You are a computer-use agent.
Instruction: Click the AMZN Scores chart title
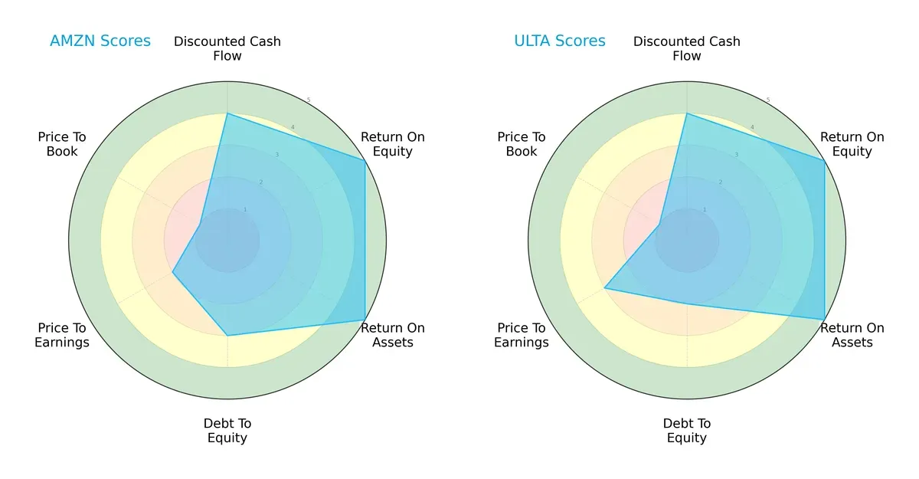[100, 41]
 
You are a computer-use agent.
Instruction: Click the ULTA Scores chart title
[560, 41]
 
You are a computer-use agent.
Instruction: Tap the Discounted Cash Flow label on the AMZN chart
[227, 48]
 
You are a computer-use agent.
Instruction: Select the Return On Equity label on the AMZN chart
[393, 144]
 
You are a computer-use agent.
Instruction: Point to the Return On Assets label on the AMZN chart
[393, 335]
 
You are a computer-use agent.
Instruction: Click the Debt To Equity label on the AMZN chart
[227, 431]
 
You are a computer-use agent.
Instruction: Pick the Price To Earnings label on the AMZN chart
[62, 335]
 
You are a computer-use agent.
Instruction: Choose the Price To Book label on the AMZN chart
[62, 144]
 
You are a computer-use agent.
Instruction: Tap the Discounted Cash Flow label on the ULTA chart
[687, 48]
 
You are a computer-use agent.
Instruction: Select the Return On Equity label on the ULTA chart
[852, 144]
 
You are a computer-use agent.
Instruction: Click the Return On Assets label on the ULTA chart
[852, 335]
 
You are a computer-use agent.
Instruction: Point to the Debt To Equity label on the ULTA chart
[687, 431]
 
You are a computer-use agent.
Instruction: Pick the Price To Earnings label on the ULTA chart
[522, 335]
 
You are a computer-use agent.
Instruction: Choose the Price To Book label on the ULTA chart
[522, 144]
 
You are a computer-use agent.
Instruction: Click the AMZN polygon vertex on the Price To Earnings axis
[172, 273]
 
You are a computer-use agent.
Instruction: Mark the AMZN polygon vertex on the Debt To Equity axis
[227, 336]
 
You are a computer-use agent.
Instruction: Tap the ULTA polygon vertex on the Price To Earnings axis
[605, 288]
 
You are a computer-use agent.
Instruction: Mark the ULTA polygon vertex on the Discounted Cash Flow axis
[687, 114]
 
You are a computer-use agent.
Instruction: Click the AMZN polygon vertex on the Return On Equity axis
[365, 160]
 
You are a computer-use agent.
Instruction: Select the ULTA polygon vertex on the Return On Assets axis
[824, 320]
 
